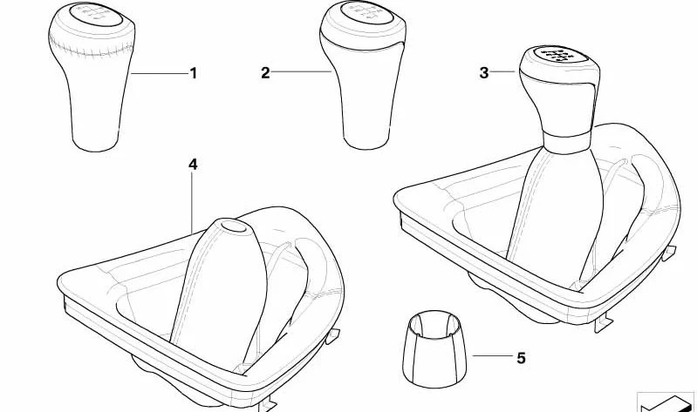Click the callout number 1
tap(194, 74)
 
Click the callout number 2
tap(265, 74)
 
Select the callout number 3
tap(484, 73)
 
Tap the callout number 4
tap(193, 164)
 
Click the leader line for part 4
tap(193, 200)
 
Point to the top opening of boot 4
tap(233, 226)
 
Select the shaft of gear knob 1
tap(94, 109)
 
